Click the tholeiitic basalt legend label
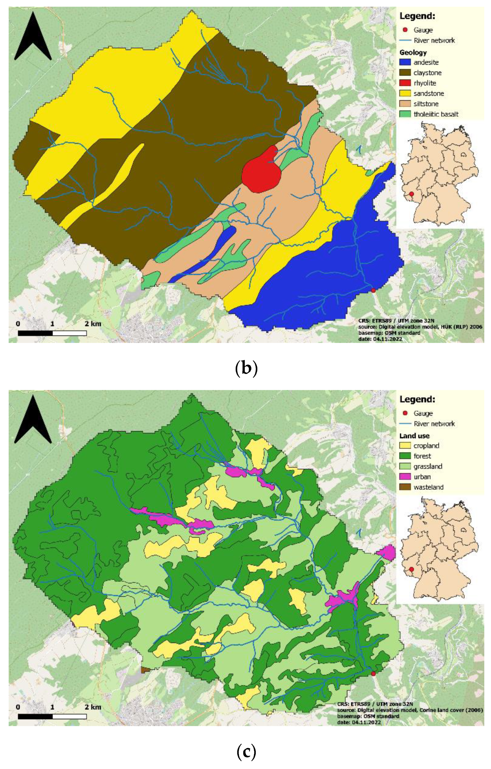coord(436,114)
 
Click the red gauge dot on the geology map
coord(373,290)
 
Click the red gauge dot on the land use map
coord(373,674)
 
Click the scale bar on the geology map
coord(52,333)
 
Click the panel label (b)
coord(246,368)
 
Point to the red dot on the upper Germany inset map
coord(411,194)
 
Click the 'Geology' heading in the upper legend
coord(413,52)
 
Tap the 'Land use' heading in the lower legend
coord(414,436)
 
